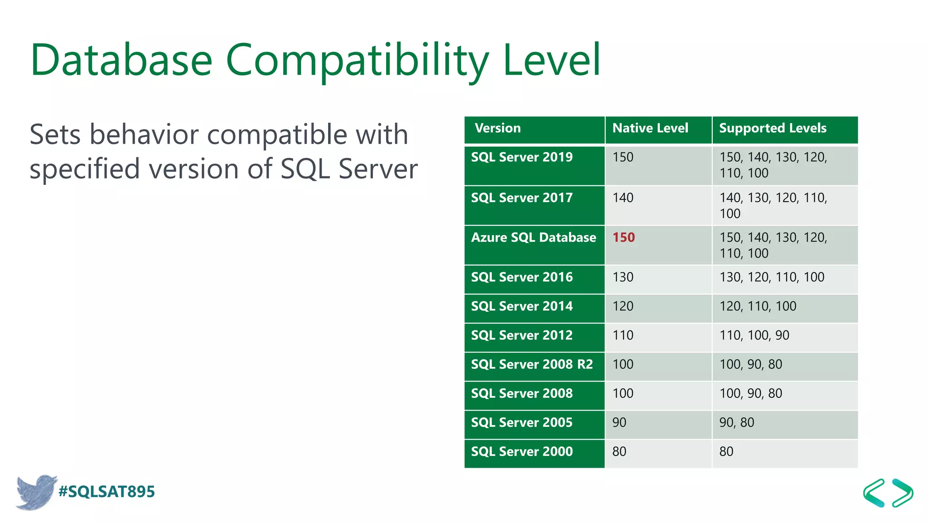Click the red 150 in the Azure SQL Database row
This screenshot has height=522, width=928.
pos(623,237)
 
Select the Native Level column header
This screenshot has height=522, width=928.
pos(650,128)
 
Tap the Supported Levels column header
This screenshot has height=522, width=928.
pos(773,128)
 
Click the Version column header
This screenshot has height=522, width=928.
pos(498,128)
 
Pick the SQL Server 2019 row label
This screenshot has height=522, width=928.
pos(522,157)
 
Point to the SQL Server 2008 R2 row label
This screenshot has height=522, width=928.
pos(532,364)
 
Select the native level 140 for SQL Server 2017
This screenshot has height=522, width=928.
pos(623,198)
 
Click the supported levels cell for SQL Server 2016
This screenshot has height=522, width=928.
pos(772,277)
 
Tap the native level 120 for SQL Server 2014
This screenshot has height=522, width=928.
pos(623,306)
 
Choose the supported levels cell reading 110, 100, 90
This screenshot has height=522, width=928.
pos(754,335)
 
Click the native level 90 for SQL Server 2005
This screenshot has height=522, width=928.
pos(619,422)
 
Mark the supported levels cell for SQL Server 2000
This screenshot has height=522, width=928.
pos(726,451)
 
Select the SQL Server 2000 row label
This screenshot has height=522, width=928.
pos(522,451)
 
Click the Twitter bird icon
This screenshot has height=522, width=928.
pos(35,492)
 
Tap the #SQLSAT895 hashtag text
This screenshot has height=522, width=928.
pos(106,492)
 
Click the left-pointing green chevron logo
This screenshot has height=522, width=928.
pos(874,493)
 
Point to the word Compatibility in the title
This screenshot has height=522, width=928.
pos(357,60)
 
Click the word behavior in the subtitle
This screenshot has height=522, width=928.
pos(150,135)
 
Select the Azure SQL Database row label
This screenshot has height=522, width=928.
pos(533,237)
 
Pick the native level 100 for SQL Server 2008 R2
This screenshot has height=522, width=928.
pos(623,364)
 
